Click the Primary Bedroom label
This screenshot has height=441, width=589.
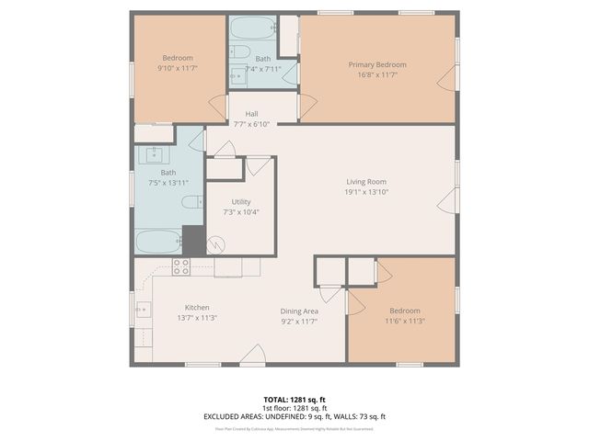coord(377,64)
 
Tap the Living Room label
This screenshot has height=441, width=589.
coord(365,182)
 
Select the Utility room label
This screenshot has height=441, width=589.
coord(241,201)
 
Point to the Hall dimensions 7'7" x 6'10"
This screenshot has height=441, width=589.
coord(251,124)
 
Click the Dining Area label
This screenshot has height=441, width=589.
coord(299,311)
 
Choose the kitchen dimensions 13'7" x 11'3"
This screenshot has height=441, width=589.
coord(197,318)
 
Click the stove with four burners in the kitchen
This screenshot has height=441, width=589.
coord(181,266)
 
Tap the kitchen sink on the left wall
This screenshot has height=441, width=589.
coord(144,311)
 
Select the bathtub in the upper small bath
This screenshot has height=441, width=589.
coord(250,28)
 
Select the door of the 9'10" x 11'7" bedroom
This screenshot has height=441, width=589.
coord(218,107)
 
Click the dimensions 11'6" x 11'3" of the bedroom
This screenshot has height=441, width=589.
coord(404,322)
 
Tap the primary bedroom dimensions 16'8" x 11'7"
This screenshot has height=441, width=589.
coord(377,74)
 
